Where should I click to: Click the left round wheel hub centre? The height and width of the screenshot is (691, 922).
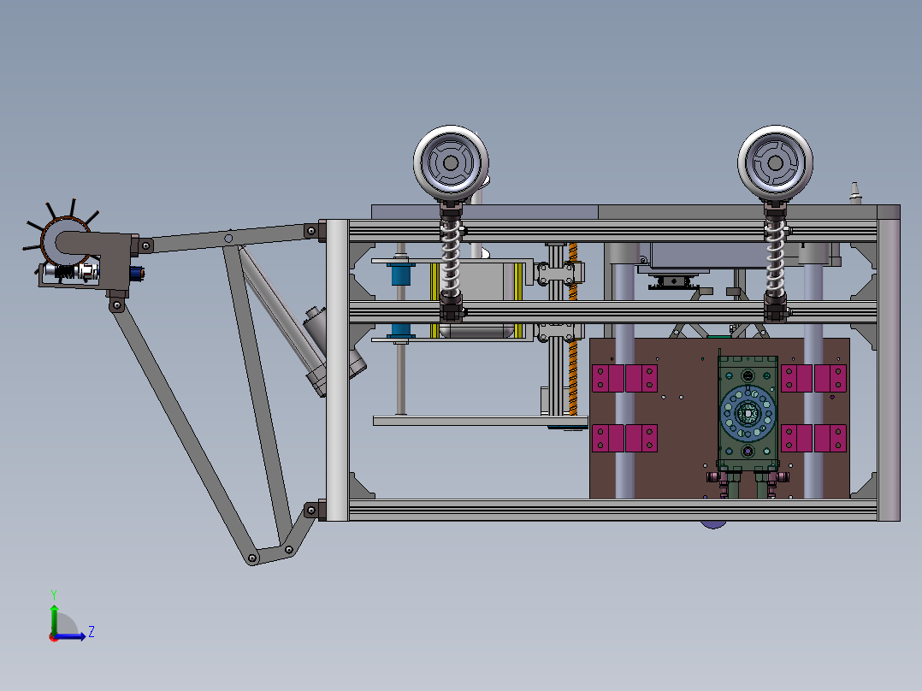point(451,162)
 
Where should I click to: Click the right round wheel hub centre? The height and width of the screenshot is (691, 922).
point(775,162)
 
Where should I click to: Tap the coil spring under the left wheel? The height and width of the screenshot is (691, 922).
point(451,260)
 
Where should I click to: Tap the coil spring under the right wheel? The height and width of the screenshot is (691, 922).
point(775,260)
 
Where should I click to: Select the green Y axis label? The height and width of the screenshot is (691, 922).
point(54,594)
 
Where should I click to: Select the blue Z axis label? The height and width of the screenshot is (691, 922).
point(92,632)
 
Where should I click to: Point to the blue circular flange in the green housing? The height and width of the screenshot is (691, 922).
point(748,413)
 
